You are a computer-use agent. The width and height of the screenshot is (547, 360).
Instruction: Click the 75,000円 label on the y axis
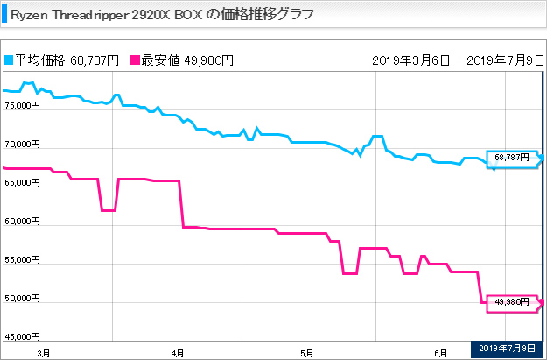click(x=23, y=105)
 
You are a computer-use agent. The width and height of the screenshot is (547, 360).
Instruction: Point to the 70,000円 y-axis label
click(x=23, y=144)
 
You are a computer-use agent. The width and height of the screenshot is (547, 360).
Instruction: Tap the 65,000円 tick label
click(x=23, y=182)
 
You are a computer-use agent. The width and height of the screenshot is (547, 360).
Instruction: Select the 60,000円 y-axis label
click(x=23, y=221)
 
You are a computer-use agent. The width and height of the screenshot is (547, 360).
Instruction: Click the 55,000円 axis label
click(x=23, y=259)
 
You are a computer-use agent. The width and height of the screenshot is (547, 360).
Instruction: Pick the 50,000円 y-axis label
click(x=23, y=298)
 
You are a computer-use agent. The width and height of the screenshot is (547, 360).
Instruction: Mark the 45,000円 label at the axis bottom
click(x=23, y=336)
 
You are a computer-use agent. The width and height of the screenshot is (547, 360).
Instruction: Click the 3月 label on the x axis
click(x=44, y=353)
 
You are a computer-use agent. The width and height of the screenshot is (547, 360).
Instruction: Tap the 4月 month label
click(x=178, y=353)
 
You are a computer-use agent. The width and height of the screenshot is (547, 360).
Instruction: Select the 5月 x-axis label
click(x=307, y=353)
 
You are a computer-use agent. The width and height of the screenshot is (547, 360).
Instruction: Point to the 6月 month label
click(x=441, y=353)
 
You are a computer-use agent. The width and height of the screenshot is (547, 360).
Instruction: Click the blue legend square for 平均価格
click(x=9, y=60)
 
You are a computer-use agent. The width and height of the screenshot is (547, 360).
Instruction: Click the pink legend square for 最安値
click(x=135, y=60)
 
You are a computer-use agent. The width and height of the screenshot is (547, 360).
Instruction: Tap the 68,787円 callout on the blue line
click(x=512, y=158)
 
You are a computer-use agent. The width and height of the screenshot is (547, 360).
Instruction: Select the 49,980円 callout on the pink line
click(x=512, y=302)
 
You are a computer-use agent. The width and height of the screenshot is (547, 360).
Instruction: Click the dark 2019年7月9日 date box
click(x=507, y=348)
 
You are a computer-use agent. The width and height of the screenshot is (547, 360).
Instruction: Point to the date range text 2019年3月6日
click(x=411, y=60)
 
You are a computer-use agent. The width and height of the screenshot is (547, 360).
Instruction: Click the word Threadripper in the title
click(x=90, y=16)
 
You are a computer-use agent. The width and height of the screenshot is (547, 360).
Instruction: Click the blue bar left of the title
click(x=4, y=14)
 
